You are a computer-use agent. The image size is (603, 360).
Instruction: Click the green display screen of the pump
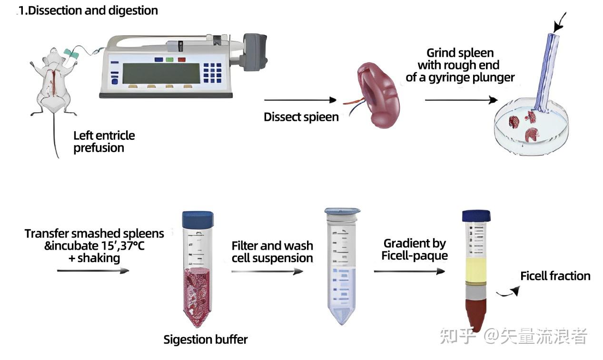click(x=161, y=73)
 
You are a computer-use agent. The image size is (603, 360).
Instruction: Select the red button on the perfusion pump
click(x=182, y=59)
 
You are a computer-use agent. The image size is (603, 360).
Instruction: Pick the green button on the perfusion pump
click(x=169, y=59)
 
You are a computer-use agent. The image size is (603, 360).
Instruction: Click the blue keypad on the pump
click(x=212, y=73)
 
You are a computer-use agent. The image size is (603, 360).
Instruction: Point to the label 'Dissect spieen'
click(x=301, y=117)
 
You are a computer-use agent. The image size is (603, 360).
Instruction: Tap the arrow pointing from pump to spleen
click(x=300, y=100)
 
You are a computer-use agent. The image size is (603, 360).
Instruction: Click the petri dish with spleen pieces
click(x=532, y=127)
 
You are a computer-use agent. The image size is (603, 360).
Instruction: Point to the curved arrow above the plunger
click(x=559, y=23)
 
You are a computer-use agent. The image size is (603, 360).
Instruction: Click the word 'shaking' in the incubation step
click(x=99, y=258)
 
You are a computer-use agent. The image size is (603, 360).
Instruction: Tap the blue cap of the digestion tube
click(x=198, y=220)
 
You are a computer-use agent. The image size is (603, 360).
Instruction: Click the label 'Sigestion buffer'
click(x=206, y=340)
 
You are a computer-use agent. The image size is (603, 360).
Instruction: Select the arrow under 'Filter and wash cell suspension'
click(x=267, y=271)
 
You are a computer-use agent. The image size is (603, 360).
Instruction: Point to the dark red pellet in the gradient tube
click(x=475, y=315)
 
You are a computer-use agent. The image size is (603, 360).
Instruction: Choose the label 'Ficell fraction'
click(x=555, y=276)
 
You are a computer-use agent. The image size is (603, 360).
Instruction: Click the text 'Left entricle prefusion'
click(x=104, y=142)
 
